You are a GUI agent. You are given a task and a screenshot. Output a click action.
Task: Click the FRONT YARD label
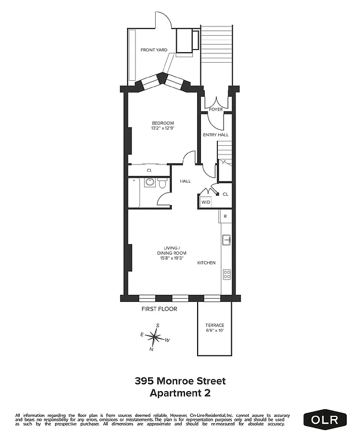(x=154, y=50)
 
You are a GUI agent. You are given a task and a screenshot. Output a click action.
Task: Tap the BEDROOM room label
(x=162, y=123)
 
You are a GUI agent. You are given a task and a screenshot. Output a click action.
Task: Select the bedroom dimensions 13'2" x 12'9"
(x=162, y=129)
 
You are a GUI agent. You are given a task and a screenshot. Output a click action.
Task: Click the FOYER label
(x=216, y=109)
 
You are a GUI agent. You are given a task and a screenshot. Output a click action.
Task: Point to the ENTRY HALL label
(x=216, y=134)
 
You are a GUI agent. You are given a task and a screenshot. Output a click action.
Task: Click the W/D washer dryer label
(x=206, y=202)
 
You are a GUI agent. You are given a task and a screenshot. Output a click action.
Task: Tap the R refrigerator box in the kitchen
(x=225, y=217)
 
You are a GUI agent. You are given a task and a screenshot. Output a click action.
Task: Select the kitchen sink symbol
(x=226, y=240)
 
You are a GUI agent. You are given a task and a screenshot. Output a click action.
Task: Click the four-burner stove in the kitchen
(x=226, y=273)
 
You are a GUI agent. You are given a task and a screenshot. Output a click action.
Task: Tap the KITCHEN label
(x=206, y=263)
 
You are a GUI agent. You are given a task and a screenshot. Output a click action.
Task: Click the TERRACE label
(x=214, y=325)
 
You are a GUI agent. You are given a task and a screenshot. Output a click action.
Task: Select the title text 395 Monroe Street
(x=180, y=381)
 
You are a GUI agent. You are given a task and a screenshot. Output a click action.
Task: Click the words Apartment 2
(x=180, y=393)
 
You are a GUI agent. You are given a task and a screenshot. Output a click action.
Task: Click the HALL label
(x=185, y=181)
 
